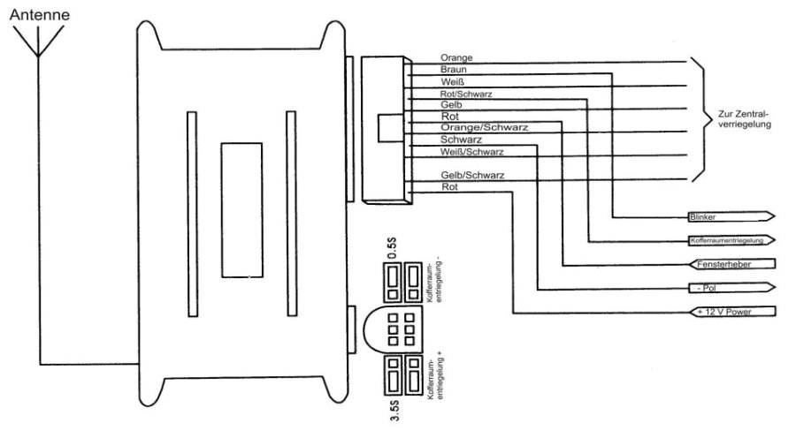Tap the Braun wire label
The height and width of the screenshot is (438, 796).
453,69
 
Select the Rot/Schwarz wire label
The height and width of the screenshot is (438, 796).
466,93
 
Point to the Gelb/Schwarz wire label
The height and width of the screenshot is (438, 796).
471,176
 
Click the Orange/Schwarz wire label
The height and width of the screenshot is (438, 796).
484,127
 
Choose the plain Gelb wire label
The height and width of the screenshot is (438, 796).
451,104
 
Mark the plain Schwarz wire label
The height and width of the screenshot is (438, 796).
460,140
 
